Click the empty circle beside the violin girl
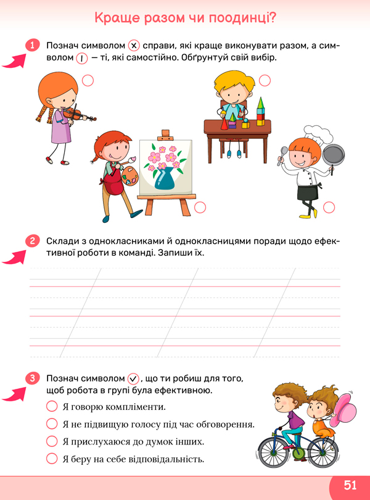(88, 81)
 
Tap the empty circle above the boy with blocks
(265, 81)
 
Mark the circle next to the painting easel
(200, 207)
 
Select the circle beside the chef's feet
(329, 207)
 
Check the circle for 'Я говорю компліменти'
(52, 407)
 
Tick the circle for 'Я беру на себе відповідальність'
(52, 459)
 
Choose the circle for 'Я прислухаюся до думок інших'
(52, 441)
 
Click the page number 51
(350, 485)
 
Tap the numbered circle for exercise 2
(32, 241)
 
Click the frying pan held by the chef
(334, 156)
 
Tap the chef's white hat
(318, 133)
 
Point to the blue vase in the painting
(165, 180)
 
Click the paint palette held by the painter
(129, 176)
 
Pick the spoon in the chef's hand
(282, 155)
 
